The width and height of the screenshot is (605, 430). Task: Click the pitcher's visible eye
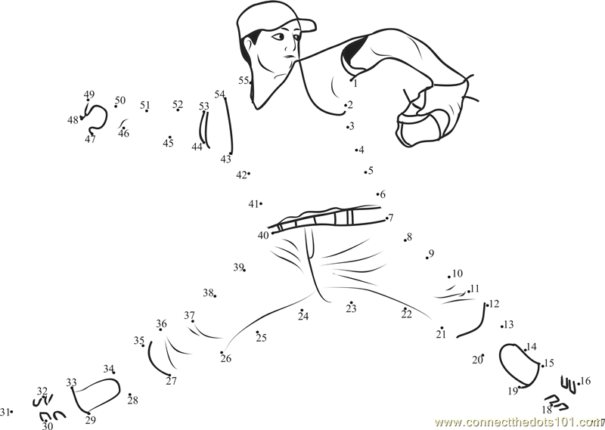[x=278, y=37]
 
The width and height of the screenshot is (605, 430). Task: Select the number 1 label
[x=355, y=83]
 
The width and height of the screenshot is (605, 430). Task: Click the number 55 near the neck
[x=244, y=80]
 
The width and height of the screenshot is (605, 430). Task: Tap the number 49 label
[x=89, y=94]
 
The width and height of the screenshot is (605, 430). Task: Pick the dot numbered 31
[x=12, y=412]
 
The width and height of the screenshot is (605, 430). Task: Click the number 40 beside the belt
[x=263, y=235]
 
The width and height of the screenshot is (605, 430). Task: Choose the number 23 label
[x=351, y=308]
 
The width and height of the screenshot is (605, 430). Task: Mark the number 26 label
[x=225, y=359]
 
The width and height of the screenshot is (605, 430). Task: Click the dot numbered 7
[x=386, y=218]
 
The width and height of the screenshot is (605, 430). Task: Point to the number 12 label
[x=494, y=304]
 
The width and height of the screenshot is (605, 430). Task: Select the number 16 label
[x=585, y=381]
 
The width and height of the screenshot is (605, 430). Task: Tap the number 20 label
[x=477, y=360]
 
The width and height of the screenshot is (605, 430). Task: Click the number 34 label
[x=109, y=369]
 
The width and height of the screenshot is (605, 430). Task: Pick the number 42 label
[x=241, y=175]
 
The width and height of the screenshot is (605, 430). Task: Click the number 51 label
[x=145, y=105]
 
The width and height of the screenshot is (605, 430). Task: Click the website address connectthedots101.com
[x=520, y=422]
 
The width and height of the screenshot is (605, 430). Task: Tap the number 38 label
[x=209, y=293]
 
